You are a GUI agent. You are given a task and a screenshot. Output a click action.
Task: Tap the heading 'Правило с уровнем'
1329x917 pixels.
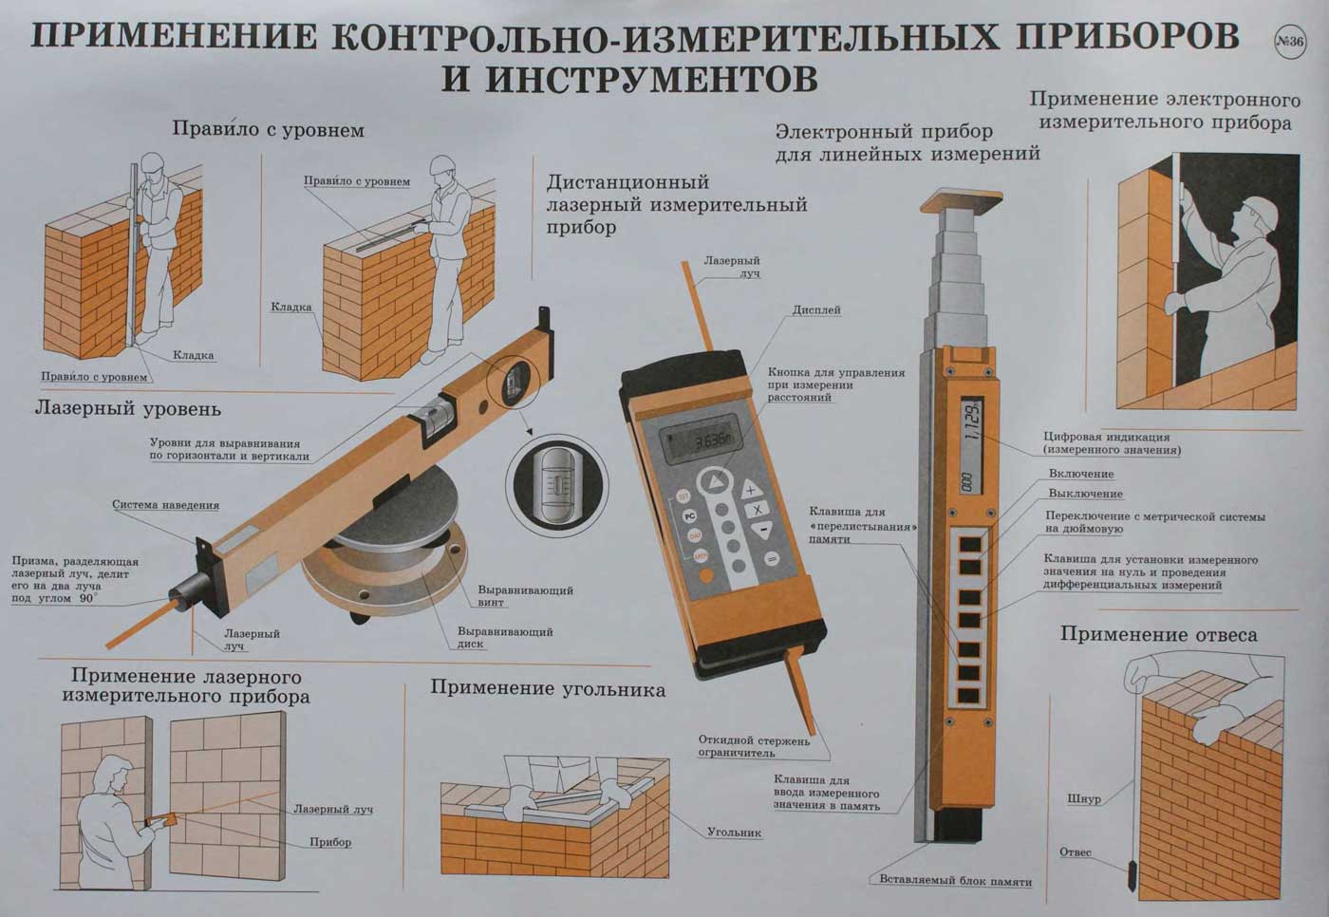pos(268,129)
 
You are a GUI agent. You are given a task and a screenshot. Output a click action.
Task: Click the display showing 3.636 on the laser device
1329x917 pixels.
pos(701,440)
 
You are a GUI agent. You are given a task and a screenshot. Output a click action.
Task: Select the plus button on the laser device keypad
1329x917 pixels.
pos(749,490)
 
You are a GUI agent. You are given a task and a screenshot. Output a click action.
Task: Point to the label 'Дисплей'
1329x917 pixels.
pos(816,310)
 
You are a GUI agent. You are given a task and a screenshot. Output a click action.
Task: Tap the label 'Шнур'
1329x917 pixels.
pos(1084,799)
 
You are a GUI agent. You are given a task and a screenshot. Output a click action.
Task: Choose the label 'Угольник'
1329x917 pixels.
pos(734,833)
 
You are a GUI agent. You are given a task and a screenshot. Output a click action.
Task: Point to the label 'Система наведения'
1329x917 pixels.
pos(165,505)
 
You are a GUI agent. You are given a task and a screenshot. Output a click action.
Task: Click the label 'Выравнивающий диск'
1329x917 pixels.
pos(505,638)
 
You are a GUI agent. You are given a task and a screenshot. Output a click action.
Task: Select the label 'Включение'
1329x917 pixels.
pos(1081,474)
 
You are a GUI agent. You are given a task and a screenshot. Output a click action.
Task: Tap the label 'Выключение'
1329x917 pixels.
pos(1086,494)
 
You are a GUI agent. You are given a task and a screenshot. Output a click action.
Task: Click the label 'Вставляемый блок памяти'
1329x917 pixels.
pos(956,882)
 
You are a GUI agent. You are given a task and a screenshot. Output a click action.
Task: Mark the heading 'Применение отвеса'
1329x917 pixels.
pos(1159,635)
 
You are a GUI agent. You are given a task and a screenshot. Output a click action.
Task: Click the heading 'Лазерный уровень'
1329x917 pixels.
pos(128,409)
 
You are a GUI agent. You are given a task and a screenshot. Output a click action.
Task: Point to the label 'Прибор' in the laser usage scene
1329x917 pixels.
pos(330,842)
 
